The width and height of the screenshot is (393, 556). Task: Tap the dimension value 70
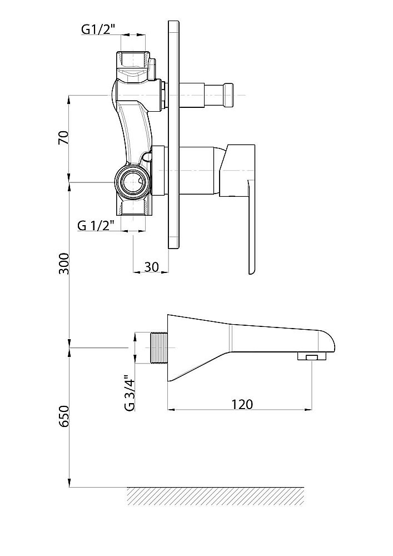pyautogui.click(x=63, y=137)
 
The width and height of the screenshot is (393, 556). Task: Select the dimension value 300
pyautogui.click(x=64, y=264)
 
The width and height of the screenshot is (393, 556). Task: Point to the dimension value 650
pyautogui.click(x=64, y=416)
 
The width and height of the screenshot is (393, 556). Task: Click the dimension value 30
pyautogui.click(x=152, y=267)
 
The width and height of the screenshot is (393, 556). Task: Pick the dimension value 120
pyautogui.click(x=242, y=404)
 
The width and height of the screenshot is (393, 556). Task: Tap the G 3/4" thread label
pyautogui.click(x=130, y=393)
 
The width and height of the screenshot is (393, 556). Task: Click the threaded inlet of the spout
pyautogui.click(x=158, y=348)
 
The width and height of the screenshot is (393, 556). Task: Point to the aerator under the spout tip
pyautogui.click(x=311, y=357)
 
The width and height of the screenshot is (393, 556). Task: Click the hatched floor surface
pyautogui.click(x=216, y=496)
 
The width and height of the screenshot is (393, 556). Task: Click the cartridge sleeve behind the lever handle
pyautogui.click(x=198, y=171)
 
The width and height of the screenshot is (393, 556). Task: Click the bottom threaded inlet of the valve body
pyautogui.click(x=133, y=208)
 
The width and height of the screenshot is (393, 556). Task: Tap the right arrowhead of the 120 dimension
pyautogui.click(x=308, y=410)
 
